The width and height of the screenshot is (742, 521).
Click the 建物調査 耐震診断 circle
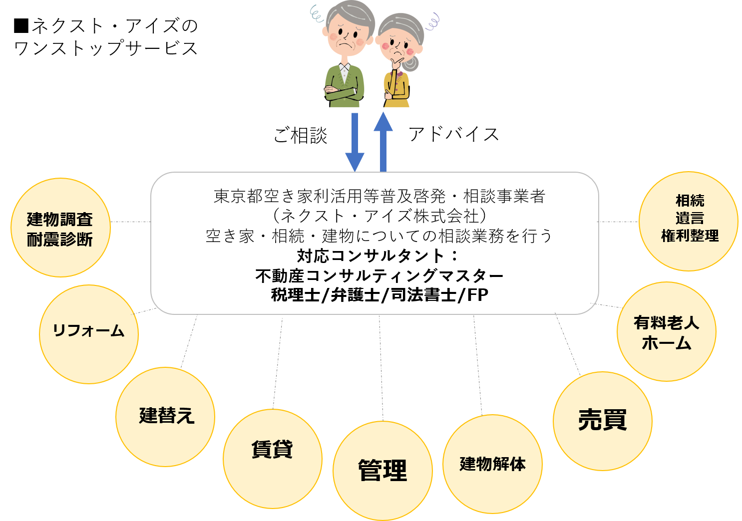pos(60,228)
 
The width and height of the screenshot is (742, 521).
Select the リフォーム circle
pos(89,334)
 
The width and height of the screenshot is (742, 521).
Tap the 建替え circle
pos(165,417)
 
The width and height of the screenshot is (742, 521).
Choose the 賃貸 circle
pos(273,459)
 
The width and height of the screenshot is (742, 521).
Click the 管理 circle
pos(382,471)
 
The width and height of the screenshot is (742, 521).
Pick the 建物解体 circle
pos(492,464)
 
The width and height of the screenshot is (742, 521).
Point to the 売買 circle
pos(603,421)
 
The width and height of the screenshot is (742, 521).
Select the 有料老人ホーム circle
pos(667,332)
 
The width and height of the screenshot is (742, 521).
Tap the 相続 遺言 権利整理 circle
pos(689,221)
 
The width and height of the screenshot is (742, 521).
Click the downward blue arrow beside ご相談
pos(355,142)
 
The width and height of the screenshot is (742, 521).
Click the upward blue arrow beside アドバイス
pos(383,142)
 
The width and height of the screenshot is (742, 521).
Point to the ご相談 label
pos(301,135)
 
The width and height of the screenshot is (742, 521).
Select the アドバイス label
pos(454,134)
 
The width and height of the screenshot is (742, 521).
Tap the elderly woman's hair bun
pos(411,63)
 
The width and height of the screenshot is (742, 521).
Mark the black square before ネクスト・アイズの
pos(21,26)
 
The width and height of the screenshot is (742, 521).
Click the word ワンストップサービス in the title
pos(106,48)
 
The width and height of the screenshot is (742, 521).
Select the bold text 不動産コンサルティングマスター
pos(379,275)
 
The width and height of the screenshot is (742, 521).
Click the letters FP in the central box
pos(478,294)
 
